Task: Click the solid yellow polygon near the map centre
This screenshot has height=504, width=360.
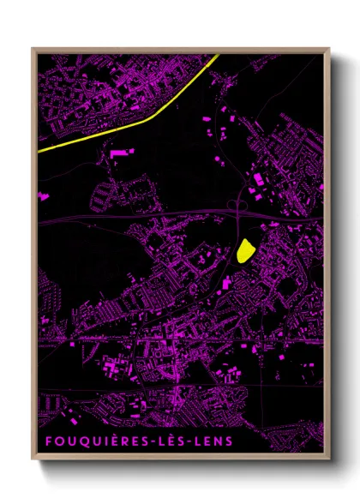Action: click(x=245, y=249)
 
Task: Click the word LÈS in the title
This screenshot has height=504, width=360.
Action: click(x=173, y=441)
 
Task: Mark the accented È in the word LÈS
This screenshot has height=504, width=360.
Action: click(x=173, y=441)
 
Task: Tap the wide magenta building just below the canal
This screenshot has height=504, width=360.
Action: click(x=121, y=152)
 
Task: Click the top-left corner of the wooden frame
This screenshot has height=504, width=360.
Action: click(x=33, y=48)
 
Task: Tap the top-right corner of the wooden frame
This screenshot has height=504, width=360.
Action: click(x=329, y=48)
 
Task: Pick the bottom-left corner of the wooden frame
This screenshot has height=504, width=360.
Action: click(x=33, y=459)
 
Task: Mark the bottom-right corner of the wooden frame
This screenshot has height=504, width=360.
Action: click(x=329, y=459)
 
